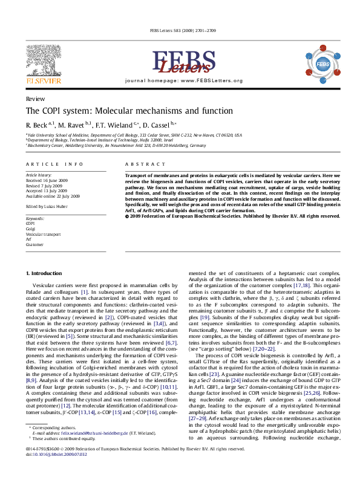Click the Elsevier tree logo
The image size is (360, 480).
[44, 59]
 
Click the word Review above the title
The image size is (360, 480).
[34, 98]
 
